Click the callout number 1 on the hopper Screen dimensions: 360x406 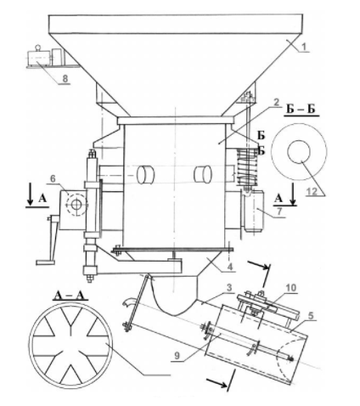pyautogui.click(x=303, y=47)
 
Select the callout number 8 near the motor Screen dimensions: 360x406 pyautogui.click(x=65, y=78)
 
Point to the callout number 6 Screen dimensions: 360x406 pyautogui.click(x=53, y=179)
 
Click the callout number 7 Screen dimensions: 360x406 pyautogui.click(x=279, y=211)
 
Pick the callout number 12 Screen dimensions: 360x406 pyautogui.click(x=312, y=191)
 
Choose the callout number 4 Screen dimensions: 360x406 pyautogui.click(x=230, y=267)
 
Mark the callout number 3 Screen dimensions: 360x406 pyautogui.click(x=229, y=288)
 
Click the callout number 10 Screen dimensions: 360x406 pyautogui.click(x=290, y=288)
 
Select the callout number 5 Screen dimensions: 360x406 pyautogui.click(x=311, y=316)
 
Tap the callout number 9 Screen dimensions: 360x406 pyautogui.click(x=177, y=355)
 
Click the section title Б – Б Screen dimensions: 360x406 pyautogui.click(x=301, y=110)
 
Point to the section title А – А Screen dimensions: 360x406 pyautogui.click(x=70, y=296)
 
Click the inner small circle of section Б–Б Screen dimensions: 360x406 pyautogui.click(x=299, y=140)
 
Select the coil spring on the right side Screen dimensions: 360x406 pyautogui.click(x=248, y=166)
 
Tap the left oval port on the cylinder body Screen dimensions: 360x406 pyautogui.click(x=145, y=174)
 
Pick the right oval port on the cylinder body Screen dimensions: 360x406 pyautogui.click(x=203, y=173)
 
